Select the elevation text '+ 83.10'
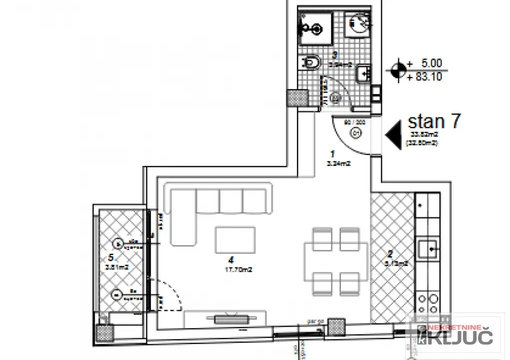click(x=425, y=77)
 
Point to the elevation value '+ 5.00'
click(x=425, y=64)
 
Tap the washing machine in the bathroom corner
click(x=357, y=22)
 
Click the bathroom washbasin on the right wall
click(x=364, y=74)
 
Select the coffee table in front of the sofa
click(x=236, y=240)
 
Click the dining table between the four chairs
click(x=336, y=260)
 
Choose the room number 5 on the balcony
click(x=111, y=258)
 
